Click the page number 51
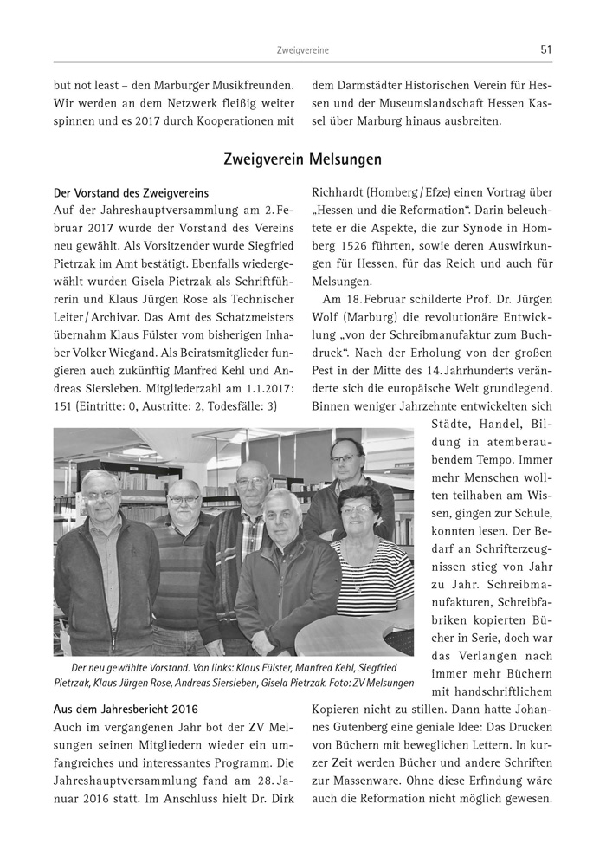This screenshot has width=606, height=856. click(545, 50)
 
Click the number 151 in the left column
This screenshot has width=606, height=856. click(64, 405)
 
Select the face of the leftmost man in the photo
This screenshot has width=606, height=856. click(100, 503)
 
